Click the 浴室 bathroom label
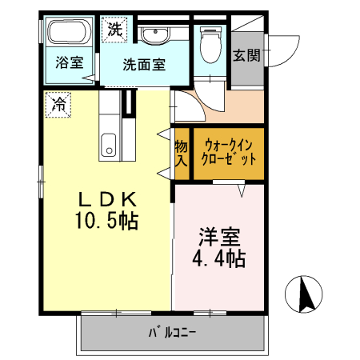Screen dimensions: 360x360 70,62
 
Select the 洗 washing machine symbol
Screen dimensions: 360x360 115,30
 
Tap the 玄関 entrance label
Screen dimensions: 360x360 245,55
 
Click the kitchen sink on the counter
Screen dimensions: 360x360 108,146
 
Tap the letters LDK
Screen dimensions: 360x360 109,199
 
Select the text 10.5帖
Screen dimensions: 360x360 109,221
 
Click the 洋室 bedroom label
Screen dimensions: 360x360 218,238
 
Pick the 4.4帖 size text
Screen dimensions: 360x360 218,259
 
